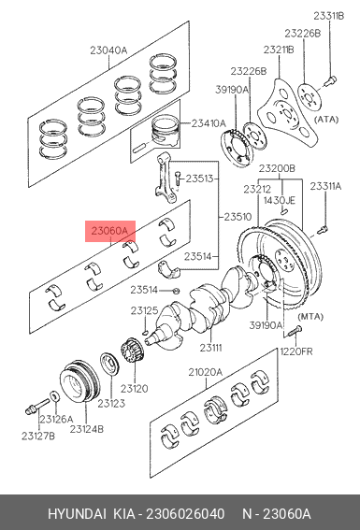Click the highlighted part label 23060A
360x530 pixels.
point(109,231)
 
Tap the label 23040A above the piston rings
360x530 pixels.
point(108,50)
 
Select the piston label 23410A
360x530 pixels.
point(209,123)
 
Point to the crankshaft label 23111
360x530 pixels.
point(210,347)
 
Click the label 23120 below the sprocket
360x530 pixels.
point(135,389)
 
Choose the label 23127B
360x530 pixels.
point(38,436)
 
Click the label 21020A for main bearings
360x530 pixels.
point(205,372)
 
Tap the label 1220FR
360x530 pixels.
point(296,351)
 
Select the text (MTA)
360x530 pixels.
point(310,317)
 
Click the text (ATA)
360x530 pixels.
point(326,120)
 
